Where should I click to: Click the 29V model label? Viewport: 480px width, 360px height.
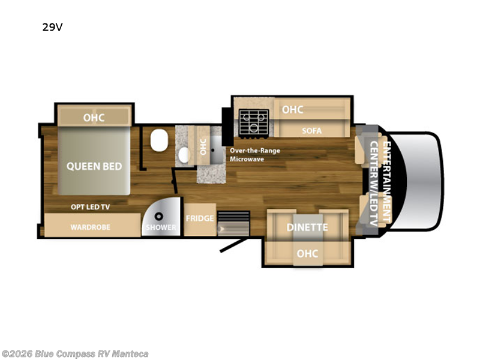[52, 27]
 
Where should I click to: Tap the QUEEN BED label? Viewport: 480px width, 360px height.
[94, 166]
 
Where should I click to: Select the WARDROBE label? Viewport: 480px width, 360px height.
[91, 227]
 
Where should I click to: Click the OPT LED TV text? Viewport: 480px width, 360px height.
[91, 207]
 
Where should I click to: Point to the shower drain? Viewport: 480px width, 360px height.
[158, 217]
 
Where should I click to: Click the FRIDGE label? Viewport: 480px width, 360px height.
[200, 218]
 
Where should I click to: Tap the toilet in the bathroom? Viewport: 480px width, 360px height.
[159, 140]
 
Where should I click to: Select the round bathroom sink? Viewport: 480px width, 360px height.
[184, 155]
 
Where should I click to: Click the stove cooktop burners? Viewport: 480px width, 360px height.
[254, 122]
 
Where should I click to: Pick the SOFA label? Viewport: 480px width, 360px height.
[311, 131]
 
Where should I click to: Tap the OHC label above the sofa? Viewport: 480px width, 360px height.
[293, 110]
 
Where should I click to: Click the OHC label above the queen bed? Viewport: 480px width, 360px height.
[94, 118]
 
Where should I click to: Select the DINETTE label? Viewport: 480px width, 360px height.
[307, 227]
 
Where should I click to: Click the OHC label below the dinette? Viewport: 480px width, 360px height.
[307, 253]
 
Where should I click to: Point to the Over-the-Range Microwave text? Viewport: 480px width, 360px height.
[255, 155]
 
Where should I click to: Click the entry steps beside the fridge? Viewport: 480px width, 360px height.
[233, 223]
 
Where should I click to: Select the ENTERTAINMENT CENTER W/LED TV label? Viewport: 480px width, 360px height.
[380, 183]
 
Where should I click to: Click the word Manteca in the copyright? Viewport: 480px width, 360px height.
[130, 354]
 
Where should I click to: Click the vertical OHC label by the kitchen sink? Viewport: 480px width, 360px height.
[203, 146]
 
